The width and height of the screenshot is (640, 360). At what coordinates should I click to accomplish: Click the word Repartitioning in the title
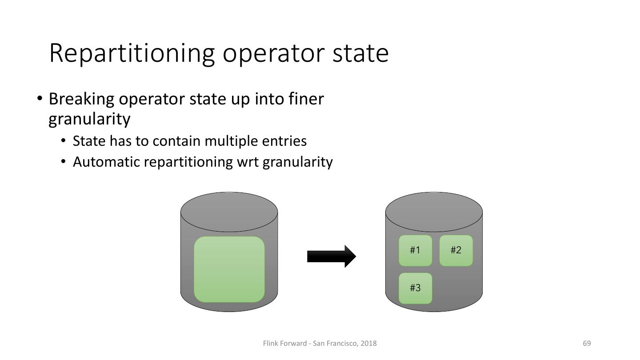pyautogui.click(x=132, y=53)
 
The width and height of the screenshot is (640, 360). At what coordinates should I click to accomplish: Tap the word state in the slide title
pyautogui.click(x=360, y=53)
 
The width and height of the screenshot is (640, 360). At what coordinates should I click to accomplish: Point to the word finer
pyautogui.click(x=306, y=99)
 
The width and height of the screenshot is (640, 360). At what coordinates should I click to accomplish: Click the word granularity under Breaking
pyautogui.click(x=89, y=119)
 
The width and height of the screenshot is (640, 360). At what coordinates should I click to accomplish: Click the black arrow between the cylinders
pyautogui.click(x=331, y=256)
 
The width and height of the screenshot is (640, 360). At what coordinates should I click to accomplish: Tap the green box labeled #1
pyautogui.click(x=415, y=250)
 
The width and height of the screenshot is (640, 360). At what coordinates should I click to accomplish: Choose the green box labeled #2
pyautogui.click(x=456, y=250)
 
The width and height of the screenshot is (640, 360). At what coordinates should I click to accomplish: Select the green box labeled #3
pyautogui.click(x=415, y=288)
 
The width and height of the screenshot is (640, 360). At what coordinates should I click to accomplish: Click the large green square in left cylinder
pyautogui.click(x=229, y=269)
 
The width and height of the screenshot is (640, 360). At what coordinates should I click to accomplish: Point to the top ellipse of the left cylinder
pyautogui.click(x=229, y=212)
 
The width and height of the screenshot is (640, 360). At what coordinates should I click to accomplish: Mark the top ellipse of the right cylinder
pyautogui.click(x=434, y=212)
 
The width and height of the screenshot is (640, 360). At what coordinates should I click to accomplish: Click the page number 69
pyautogui.click(x=587, y=343)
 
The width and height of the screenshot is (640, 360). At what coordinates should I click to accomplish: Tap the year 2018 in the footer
pyautogui.click(x=369, y=343)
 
